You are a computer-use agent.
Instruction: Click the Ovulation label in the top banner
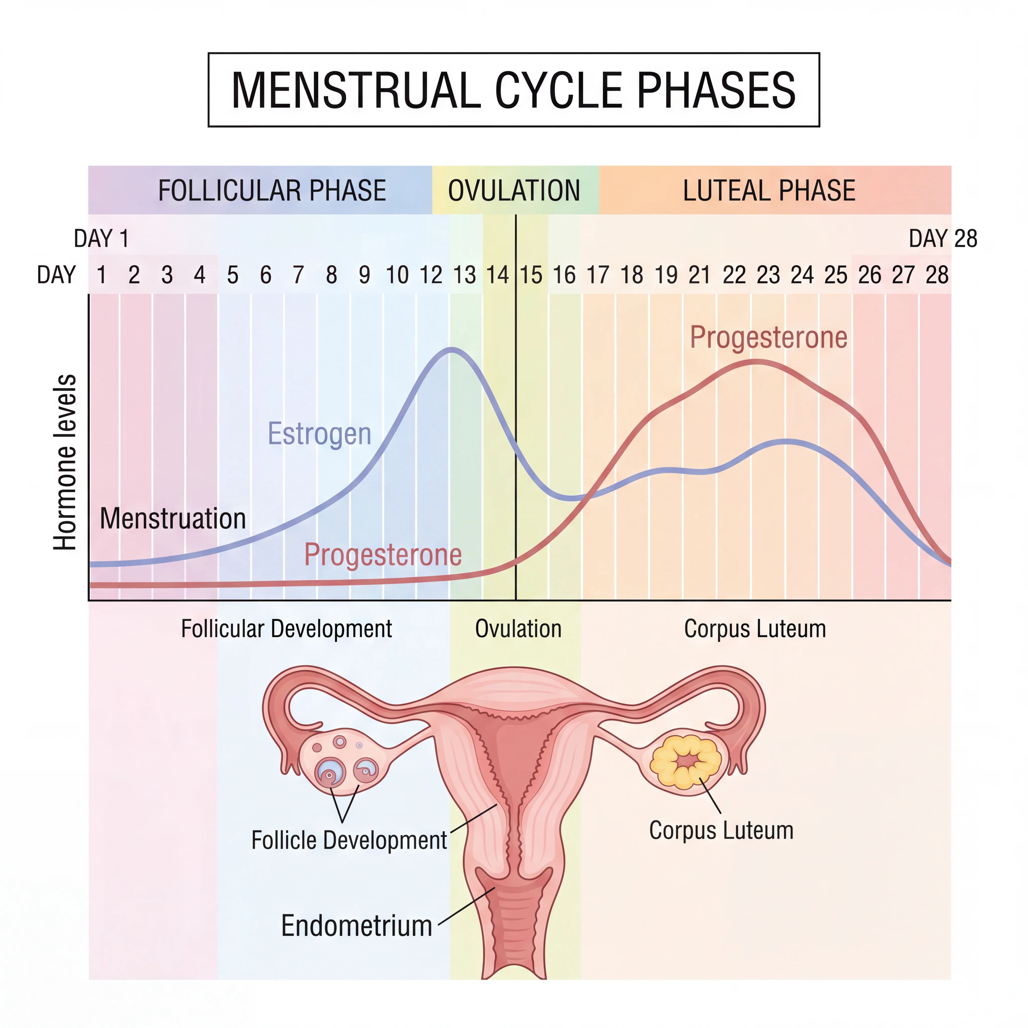514,190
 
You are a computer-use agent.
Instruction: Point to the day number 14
497,275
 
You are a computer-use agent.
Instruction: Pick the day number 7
298,275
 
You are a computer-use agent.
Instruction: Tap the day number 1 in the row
101,275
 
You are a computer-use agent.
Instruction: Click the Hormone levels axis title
65,462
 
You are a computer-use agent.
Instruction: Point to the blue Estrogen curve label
319,434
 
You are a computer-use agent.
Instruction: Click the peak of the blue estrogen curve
451,349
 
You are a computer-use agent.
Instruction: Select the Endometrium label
356,926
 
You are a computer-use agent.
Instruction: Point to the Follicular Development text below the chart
286,629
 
